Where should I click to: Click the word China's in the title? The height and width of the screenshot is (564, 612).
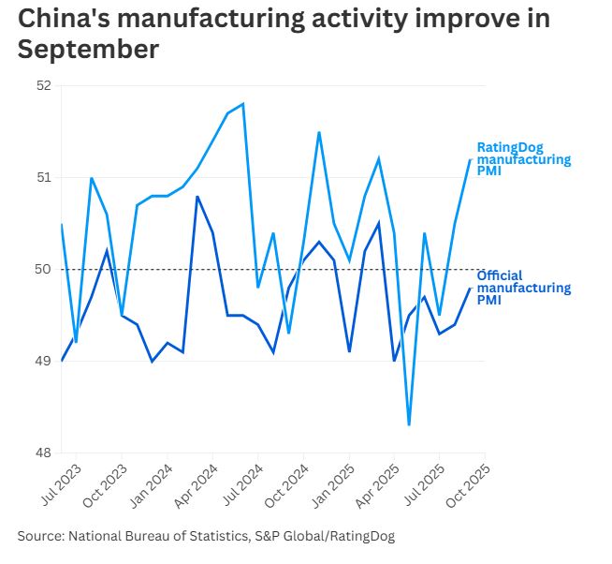coord(65,19)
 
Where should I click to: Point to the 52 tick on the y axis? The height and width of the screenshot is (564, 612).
coord(43,85)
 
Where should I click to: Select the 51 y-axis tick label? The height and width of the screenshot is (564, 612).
coord(43,177)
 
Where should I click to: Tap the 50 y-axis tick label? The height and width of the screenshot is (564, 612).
coord(43,269)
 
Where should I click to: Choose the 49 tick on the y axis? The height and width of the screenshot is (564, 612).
coord(43,361)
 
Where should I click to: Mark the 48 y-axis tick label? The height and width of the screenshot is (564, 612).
coord(43,453)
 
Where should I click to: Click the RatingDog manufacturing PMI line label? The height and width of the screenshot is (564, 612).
coord(523,160)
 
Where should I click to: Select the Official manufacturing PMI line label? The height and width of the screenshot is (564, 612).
coord(523,288)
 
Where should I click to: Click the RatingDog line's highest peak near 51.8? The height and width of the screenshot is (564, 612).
coord(243,103)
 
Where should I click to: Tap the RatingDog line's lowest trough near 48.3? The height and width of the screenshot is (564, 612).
coord(409,424)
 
